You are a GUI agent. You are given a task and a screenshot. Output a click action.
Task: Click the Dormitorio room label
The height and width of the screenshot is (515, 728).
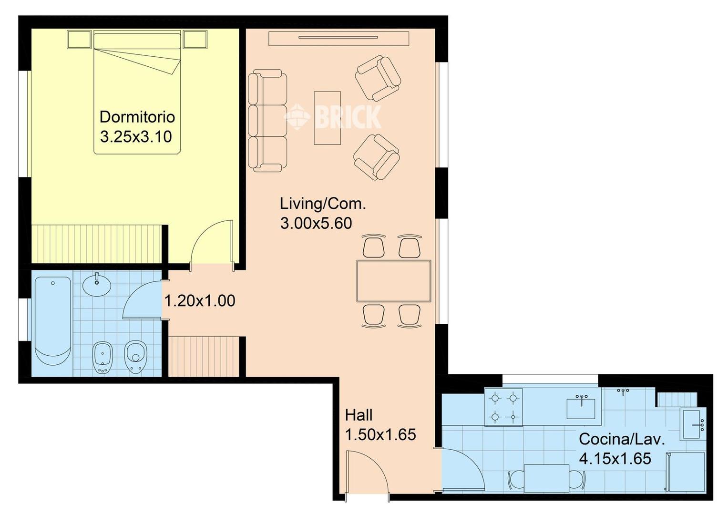coord(137,117)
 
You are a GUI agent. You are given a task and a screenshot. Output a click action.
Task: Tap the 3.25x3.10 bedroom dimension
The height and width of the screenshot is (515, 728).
coord(136,137)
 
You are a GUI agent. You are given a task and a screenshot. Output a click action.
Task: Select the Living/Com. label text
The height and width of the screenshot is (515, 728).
coord(323,204)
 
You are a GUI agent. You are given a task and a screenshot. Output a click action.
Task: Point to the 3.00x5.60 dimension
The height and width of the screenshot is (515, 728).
coord(316,224)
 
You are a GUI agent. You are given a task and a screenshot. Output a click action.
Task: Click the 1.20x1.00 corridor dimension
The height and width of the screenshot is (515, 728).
coord(200,301)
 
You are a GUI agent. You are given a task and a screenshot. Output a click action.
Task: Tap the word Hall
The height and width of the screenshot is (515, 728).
coord(359,415)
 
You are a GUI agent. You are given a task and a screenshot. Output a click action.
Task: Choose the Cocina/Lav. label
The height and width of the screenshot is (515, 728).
coord(622,439)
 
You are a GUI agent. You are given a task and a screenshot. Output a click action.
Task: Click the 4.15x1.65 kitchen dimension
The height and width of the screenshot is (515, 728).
coord(615,459)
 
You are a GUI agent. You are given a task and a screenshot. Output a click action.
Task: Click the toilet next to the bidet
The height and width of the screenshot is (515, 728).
coord(135,358)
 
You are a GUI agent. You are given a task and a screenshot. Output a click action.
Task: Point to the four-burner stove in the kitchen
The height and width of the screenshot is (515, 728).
coord(503,407)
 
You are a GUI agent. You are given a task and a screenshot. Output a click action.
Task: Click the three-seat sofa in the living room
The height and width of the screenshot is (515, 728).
coord(267,120)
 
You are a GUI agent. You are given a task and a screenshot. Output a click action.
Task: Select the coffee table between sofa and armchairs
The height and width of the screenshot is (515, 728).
coord(327,118)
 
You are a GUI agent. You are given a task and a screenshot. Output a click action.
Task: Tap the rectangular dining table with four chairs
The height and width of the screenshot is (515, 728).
coord(394,281)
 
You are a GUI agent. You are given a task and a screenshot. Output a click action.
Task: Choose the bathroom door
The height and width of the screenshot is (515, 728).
coord(142,299)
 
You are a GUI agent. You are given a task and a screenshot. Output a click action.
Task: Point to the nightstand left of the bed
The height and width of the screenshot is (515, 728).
coord(79,40)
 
